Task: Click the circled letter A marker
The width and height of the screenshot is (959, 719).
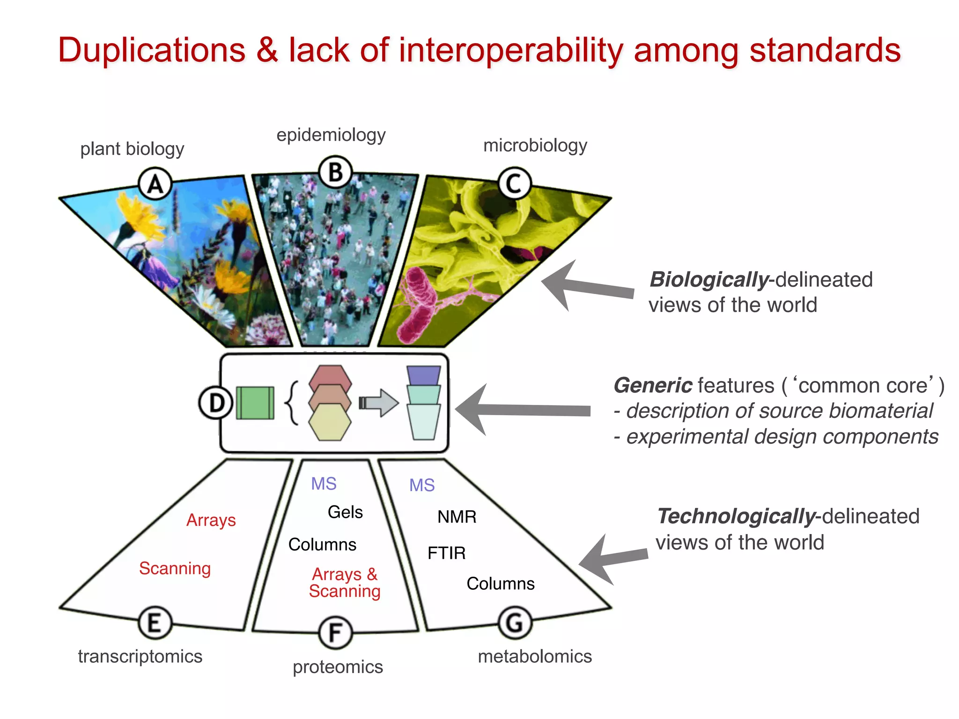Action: point(155,183)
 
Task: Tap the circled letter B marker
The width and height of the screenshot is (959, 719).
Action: point(335,172)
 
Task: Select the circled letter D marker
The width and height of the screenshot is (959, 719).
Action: point(216,403)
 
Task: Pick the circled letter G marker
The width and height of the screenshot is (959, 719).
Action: point(515,623)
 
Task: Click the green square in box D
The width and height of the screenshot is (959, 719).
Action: point(255,403)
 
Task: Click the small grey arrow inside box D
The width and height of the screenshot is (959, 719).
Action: point(379,403)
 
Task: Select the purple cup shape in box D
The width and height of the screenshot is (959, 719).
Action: point(423,375)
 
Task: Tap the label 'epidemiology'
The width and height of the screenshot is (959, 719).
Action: point(331,135)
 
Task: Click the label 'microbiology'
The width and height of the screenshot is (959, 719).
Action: point(535,145)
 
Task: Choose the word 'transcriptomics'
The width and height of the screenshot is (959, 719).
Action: point(140,656)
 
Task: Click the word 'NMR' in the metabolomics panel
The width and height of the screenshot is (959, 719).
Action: point(457,517)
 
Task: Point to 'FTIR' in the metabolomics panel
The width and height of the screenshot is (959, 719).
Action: point(446,553)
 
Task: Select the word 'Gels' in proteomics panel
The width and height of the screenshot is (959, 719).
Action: point(345,512)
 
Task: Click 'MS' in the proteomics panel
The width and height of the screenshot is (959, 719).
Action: point(324,484)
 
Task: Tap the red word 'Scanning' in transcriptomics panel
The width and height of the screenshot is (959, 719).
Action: point(175,568)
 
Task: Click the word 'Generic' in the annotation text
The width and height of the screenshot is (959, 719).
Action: point(652,385)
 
